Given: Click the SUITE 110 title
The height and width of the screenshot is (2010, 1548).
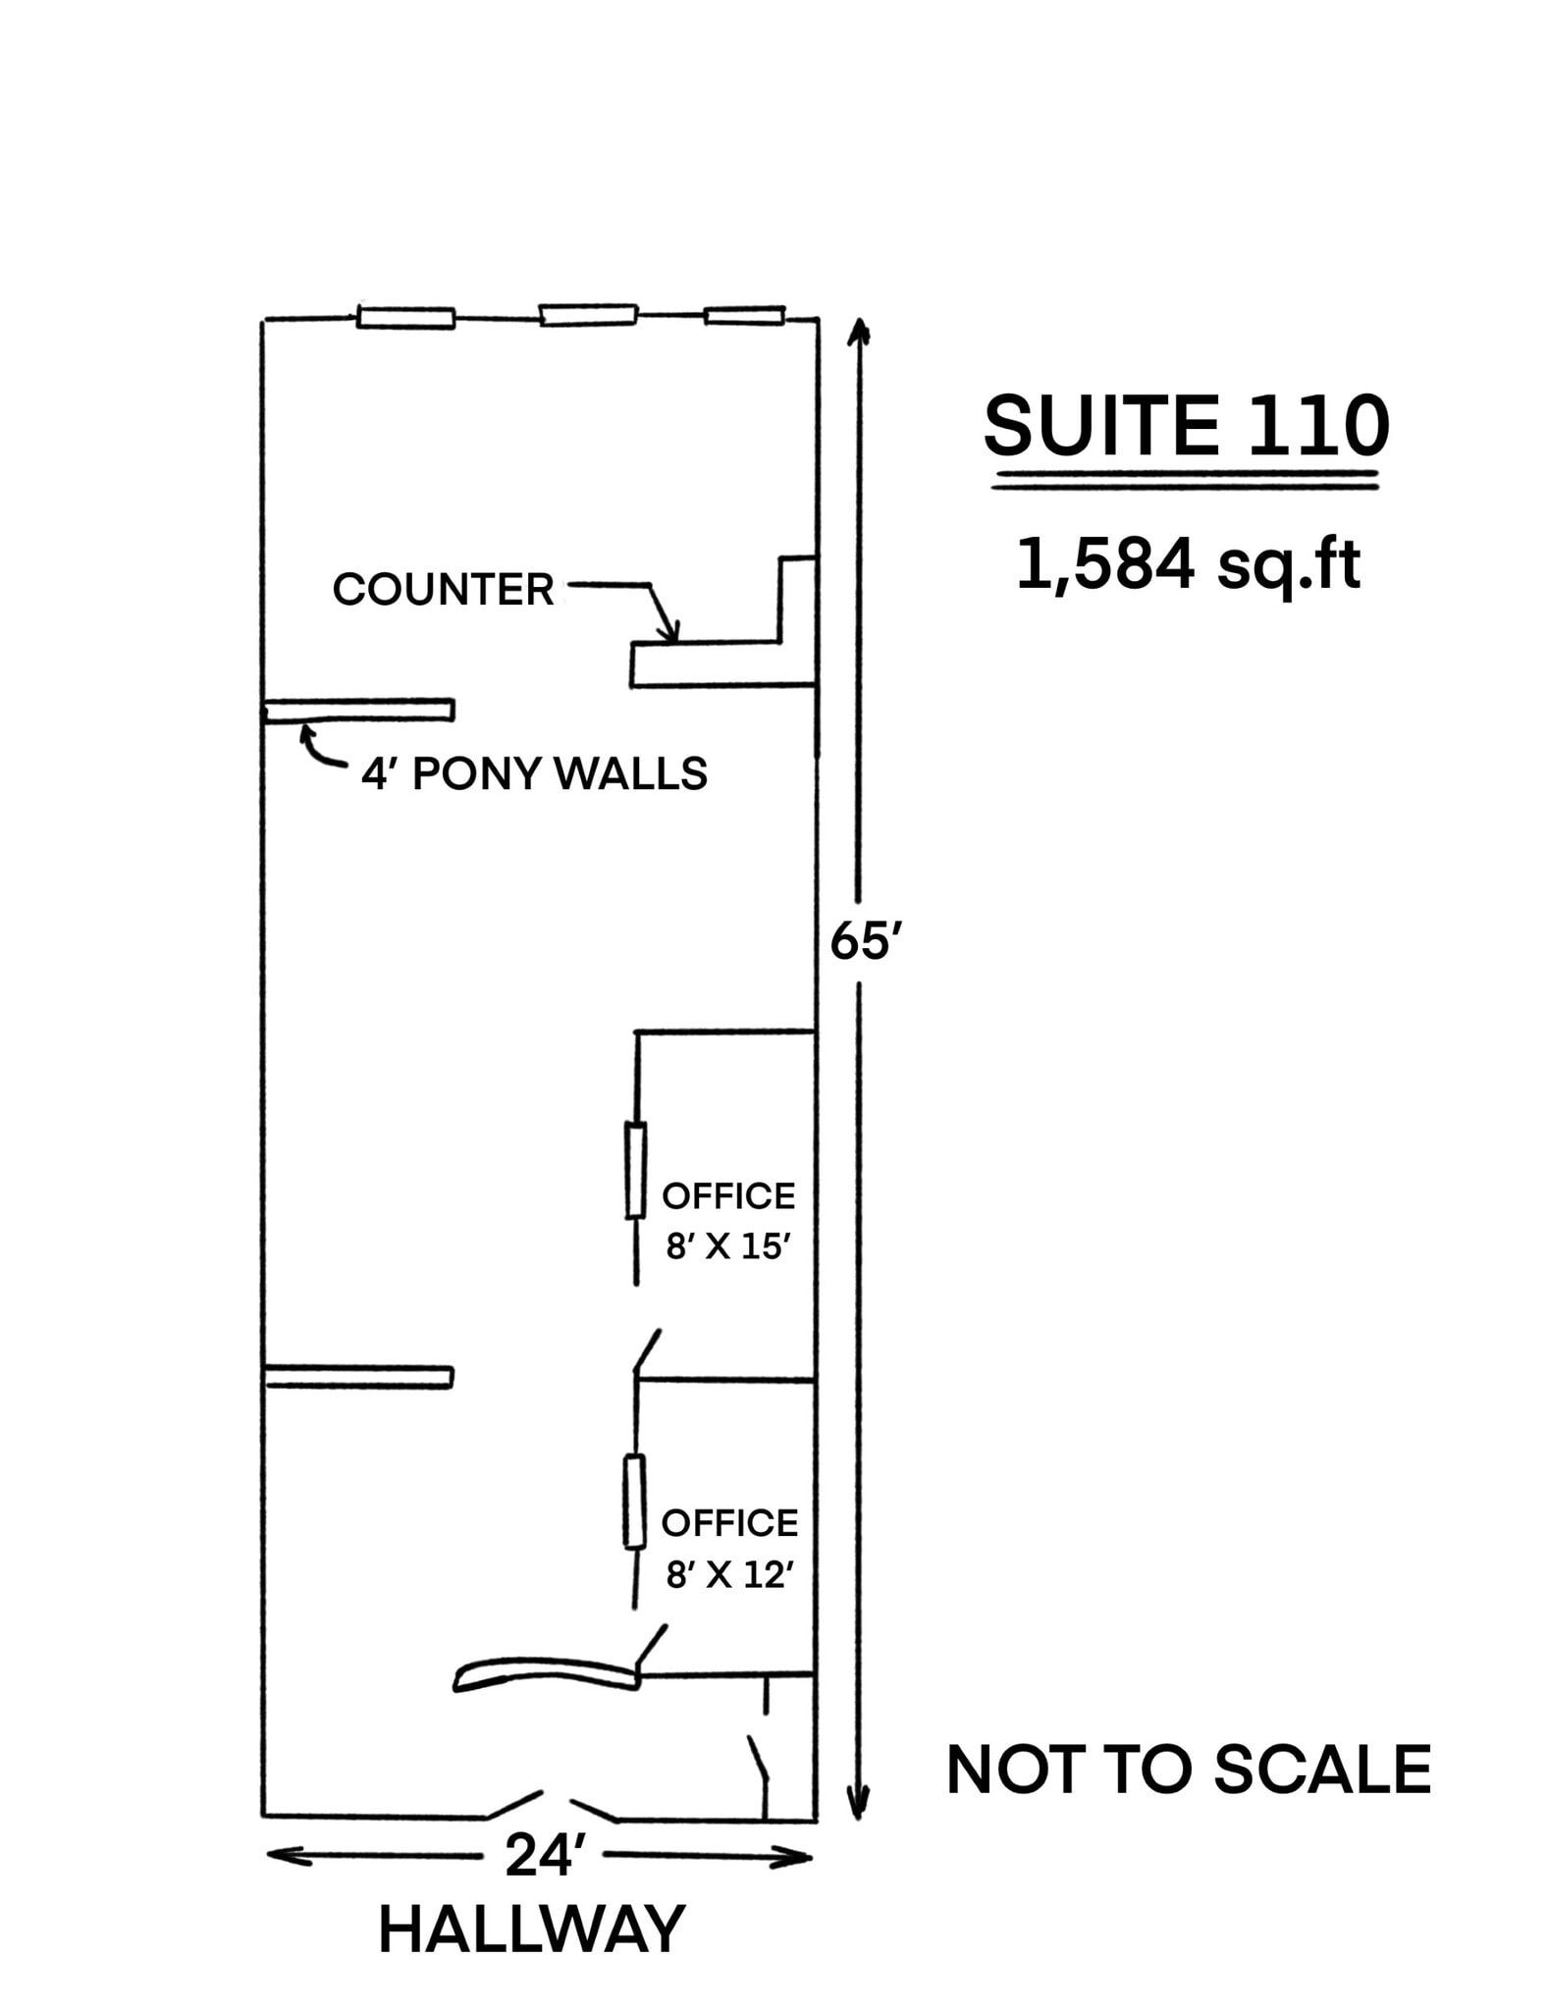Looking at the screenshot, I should (1186, 427).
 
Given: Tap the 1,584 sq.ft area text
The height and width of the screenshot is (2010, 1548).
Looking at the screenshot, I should (1188, 565).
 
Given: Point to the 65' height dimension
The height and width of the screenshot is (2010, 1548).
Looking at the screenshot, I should (864, 942).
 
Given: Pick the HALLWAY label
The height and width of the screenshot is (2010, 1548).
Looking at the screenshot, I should (531, 1930).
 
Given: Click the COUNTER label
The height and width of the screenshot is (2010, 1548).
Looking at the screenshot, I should (443, 589).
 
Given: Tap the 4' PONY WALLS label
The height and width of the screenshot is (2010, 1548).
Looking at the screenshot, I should (534, 774).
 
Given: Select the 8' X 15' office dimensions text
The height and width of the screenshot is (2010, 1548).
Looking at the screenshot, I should (728, 1246).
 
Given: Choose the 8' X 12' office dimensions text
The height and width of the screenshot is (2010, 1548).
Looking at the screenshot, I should (728, 1575).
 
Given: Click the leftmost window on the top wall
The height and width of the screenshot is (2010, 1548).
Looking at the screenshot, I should (405, 317).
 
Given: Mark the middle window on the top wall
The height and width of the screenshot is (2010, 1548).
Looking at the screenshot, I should (588, 314).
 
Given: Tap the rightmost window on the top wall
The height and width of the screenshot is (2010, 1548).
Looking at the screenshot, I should (744, 315).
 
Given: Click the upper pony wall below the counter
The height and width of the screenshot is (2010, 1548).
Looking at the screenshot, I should (359, 710).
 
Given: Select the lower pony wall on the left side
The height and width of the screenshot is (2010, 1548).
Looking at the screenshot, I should (359, 1376).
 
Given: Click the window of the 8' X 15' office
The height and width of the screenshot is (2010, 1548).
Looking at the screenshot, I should (636, 1171).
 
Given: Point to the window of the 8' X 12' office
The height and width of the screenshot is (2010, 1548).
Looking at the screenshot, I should (635, 1502).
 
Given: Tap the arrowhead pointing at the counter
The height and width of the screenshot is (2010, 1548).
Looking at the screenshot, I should (670, 634).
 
